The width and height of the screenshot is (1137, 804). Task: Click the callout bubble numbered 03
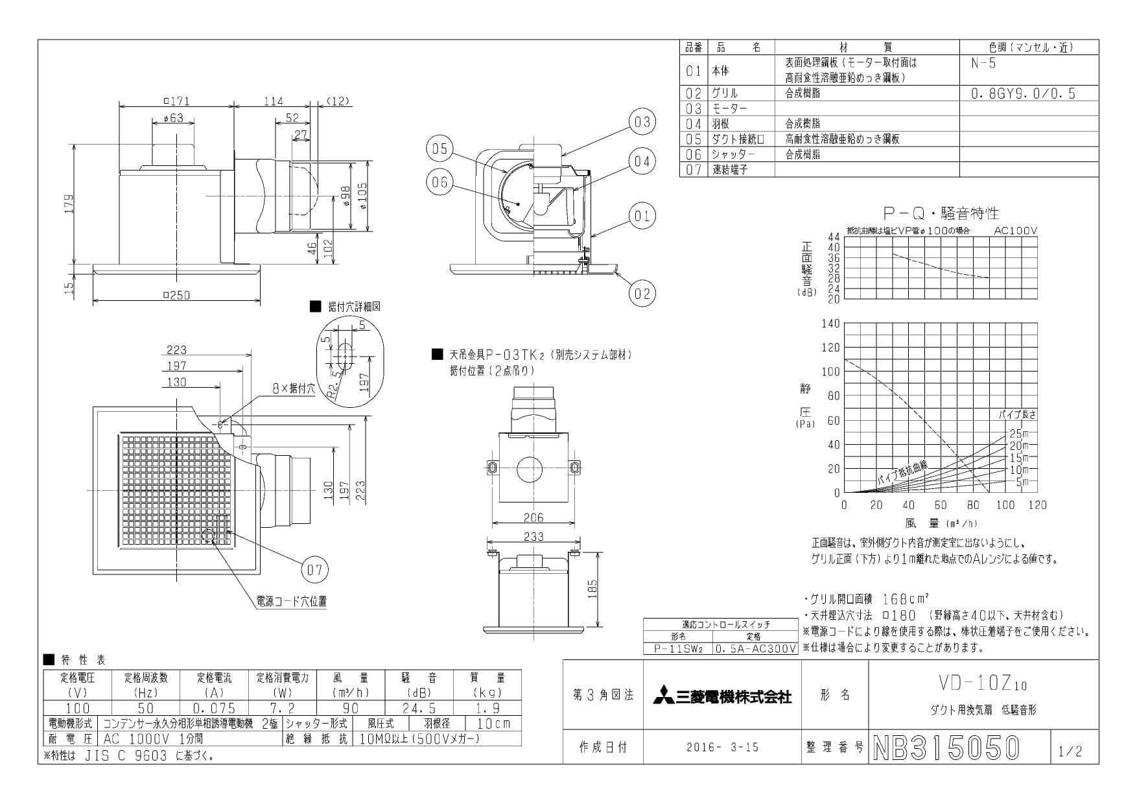[x=642, y=122]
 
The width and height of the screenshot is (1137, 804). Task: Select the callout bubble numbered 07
[x=314, y=570]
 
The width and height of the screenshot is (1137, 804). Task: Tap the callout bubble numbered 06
[x=440, y=182]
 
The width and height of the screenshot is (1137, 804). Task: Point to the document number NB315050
[x=947, y=748]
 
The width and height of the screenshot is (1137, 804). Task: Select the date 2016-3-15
[x=722, y=748]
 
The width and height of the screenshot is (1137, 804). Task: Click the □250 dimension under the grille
[x=175, y=295]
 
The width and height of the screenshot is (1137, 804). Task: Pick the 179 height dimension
[x=69, y=204]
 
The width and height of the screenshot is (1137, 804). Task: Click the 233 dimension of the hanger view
[x=533, y=537]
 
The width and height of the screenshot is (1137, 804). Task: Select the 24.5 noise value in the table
[x=419, y=709]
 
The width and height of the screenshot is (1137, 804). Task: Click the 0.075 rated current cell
[x=215, y=709]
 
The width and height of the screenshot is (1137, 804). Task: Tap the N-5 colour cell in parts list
[x=983, y=64]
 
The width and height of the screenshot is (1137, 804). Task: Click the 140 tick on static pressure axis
[x=830, y=324]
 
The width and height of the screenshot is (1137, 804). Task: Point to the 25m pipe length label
[x=1018, y=434]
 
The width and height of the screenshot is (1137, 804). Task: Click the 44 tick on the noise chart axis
[x=834, y=237]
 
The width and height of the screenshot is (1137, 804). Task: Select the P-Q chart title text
[x=941, y=213]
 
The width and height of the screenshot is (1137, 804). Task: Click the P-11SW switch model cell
[x=677, y=648]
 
